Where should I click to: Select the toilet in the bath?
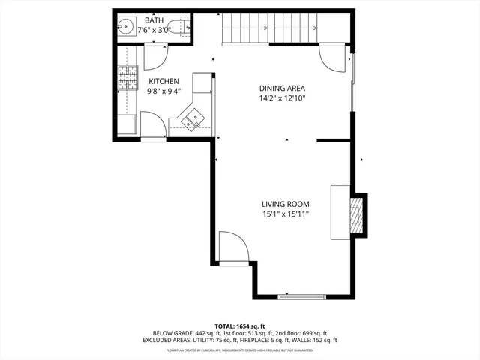click(x=179, y=29)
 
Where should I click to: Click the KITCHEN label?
click(x=163, y=81)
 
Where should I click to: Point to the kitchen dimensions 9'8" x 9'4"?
click(x=163, y=91)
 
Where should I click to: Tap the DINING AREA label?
click(x=282, y=88)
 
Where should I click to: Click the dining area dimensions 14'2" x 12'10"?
click(x=282, y=98)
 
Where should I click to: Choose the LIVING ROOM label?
click(x=285, y=204)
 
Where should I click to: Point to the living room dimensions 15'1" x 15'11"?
click(x=285, y=214)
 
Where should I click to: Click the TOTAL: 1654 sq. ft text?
click(x=240, y=325)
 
